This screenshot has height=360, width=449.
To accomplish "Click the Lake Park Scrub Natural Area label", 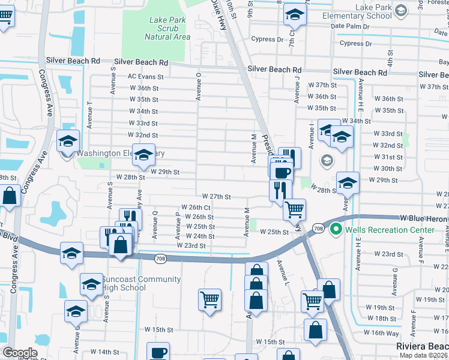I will [x=169, y=28].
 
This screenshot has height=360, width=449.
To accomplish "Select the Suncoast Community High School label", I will [x=141, y=283].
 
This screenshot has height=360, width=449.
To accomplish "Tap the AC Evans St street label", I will [x=145, y=77].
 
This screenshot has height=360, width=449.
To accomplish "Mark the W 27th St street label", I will [x=217, y=196].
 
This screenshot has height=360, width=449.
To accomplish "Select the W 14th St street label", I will [x=105, y=352].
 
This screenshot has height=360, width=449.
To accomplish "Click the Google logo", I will [x=20, y=353].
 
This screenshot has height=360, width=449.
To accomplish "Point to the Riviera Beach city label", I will [x=422, y=347].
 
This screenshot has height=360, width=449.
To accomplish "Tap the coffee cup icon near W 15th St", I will [x=158, y=352].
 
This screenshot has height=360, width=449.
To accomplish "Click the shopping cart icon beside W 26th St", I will [x=294, y=209].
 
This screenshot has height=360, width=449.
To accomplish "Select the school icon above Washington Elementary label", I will [x=68, y=142].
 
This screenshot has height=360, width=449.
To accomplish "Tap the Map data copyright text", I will [x=424, y=355].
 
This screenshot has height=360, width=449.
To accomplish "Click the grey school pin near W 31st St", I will [x=327, y=160].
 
